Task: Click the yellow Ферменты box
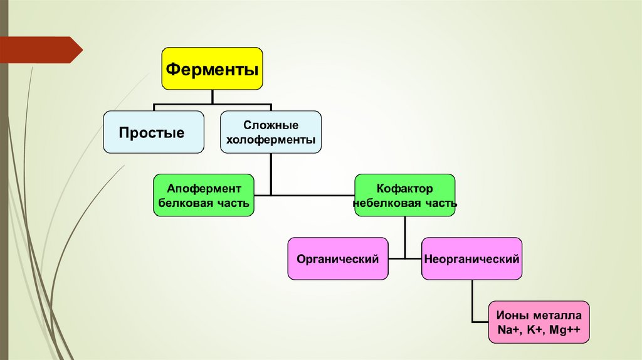213,68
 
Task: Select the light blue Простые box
153,132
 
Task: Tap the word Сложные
271,125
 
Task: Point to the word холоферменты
271,140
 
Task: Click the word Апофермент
204,188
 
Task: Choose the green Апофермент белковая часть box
204,195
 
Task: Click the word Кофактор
405,188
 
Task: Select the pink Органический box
338,258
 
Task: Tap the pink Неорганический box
471,258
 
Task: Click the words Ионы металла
539,315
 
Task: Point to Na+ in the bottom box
507,329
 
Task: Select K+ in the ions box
537,329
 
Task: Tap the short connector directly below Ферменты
213,96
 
